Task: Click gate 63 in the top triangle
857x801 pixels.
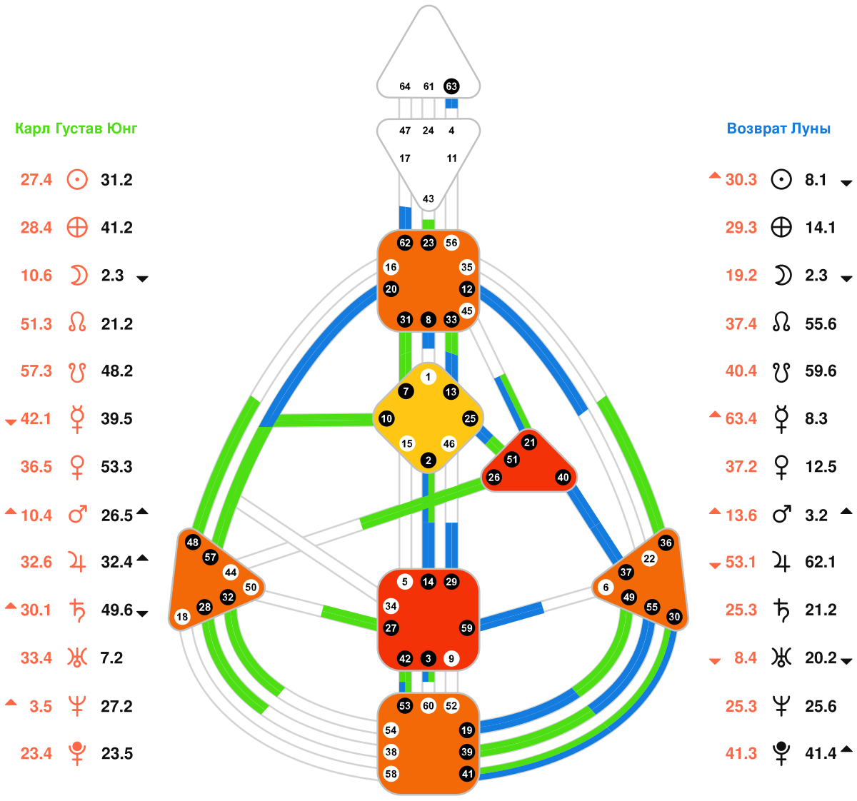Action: tap(451, 86)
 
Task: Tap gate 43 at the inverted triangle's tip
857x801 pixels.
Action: tap(428, 198)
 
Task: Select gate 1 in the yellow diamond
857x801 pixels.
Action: tap(428, 377)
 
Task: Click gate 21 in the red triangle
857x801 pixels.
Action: tap(529, 443)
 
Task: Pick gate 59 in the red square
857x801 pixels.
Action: tap(466, 628)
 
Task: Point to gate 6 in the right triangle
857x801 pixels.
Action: tap(606, 588)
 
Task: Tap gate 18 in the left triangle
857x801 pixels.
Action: tap(182, 617)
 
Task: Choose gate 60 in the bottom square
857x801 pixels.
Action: tap(428, 706)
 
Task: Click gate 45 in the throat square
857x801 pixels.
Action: tap(466, 311)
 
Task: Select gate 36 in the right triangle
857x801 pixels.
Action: tap(666, 543)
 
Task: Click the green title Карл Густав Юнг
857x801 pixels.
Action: tap(76, 129)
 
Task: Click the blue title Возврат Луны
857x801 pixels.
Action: tap(778, 129)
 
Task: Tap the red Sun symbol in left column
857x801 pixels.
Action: tap(77, 179)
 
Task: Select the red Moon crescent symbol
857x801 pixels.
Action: tap(77, 276)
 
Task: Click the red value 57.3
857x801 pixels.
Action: tap(36, 371)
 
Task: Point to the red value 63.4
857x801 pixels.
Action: tap(741, 418)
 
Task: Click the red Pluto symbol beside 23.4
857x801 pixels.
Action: tap(77, 754)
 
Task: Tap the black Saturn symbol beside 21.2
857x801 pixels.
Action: tap(782, 610)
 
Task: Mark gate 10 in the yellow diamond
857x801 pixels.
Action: tap(386, 418)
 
